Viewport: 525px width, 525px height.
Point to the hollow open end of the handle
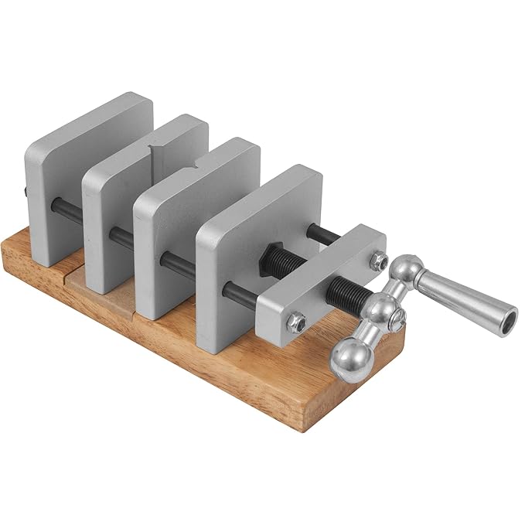click(x=506, y=319)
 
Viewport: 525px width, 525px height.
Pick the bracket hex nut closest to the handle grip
click(x=377, y=260)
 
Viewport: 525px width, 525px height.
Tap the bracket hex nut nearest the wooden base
click(x=296, y=320)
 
